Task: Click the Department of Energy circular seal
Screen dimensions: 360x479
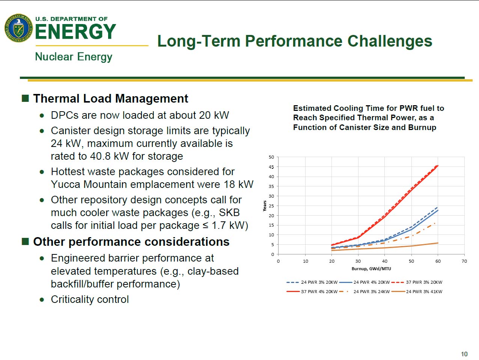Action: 18,28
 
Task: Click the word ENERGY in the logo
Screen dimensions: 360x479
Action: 75,32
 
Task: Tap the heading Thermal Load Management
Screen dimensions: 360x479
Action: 111,98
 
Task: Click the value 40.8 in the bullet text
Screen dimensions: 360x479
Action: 100,156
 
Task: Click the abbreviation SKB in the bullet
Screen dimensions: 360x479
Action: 229,213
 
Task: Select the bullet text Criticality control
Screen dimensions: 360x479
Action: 90,299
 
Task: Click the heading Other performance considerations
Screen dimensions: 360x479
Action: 131,242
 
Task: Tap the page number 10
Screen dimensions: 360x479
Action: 464,354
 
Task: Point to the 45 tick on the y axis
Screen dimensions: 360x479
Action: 271,167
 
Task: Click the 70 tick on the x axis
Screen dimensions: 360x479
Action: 464,261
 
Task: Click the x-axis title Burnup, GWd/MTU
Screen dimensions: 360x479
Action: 371,269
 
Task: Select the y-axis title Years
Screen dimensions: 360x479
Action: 265,206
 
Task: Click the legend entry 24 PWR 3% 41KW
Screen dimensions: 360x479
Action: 424,292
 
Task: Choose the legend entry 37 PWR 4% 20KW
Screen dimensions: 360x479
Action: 319,292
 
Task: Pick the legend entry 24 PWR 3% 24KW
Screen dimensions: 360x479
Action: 372,292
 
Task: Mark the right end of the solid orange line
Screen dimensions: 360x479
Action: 438,243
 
